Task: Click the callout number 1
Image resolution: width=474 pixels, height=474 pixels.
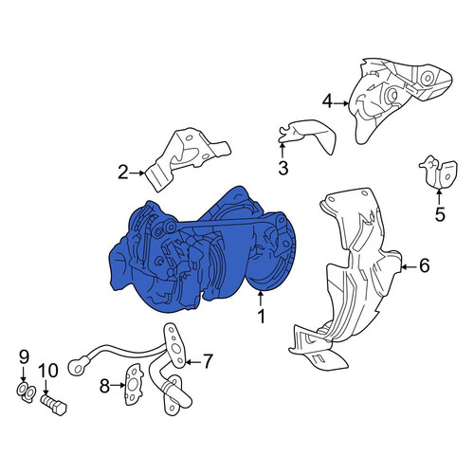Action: tap(261, 316)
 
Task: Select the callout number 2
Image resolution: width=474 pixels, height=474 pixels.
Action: tap(123, 173)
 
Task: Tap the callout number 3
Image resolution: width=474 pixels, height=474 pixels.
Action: tap(283, 168)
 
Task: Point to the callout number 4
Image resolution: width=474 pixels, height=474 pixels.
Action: tap(327, 101)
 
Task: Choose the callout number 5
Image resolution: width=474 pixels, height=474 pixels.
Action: tap(440, 214)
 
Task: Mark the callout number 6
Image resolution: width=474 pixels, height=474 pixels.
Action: tap(424, 265)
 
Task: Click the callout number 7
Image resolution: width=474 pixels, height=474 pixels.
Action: tap(208, 361)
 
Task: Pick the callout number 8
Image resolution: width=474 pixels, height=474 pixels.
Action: tap(104, 386)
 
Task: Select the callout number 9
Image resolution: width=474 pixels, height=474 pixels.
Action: tap(24, 357)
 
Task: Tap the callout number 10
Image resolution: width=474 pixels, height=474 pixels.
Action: tap(48, 371)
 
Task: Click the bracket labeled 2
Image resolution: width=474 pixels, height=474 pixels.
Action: tap(187, 158)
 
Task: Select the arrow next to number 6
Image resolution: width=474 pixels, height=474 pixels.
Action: tap(409, 267)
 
